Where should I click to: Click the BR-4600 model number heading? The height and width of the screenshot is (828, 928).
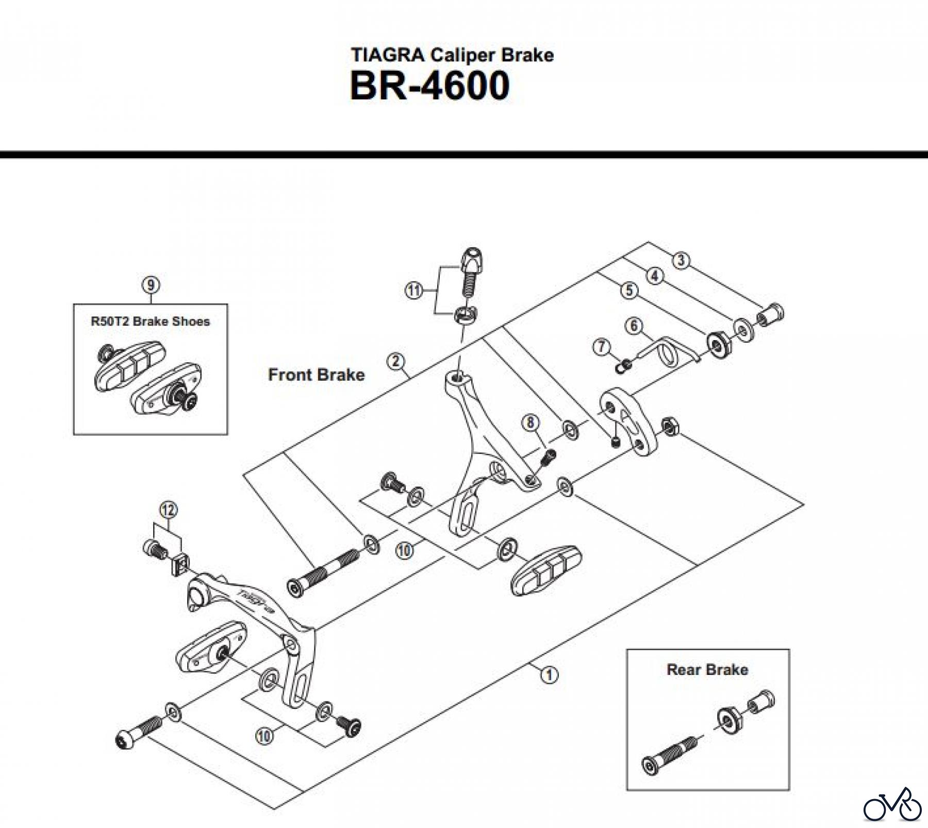[x=429, y=86]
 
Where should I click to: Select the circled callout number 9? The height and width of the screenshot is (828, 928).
[x=151, y=285]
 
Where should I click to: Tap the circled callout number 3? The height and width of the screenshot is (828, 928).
[x=681, y=261]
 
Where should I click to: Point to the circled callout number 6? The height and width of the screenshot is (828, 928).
[x=634, y=326]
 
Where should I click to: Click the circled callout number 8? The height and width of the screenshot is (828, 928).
[x=530, y=423]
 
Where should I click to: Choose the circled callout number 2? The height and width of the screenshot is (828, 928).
[x=395, y=362]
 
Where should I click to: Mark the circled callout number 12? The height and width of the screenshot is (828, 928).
[x=169, y=510]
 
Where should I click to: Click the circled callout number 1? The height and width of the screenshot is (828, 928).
[x=550, y=674]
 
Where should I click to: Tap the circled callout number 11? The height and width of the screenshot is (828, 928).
[x=413, y=291]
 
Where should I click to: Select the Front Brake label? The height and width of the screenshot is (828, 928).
[x=316, y=375]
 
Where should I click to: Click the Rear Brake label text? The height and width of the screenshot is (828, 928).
[x=707, y=670]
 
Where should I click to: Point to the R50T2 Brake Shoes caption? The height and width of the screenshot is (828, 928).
[x=151, y=322]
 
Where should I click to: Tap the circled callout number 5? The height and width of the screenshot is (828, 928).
[x=629, y=291]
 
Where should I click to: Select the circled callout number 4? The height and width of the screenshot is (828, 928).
[x=655, y=276]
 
